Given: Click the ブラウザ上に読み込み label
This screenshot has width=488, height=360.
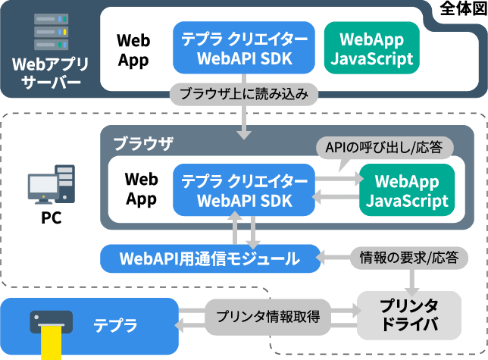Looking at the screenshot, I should [x=244, y=95].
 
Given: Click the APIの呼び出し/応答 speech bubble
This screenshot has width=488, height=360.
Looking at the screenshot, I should [x=384, y=146].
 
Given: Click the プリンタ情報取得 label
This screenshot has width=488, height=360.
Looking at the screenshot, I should [x=267, y=316].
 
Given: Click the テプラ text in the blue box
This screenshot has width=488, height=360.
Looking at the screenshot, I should [x=115, y=325].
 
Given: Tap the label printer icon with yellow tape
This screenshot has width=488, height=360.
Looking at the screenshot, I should [x=51, y=330].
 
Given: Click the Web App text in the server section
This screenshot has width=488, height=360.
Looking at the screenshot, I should [x=133, y=49].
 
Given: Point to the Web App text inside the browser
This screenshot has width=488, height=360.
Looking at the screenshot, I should [x=141, y=189].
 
